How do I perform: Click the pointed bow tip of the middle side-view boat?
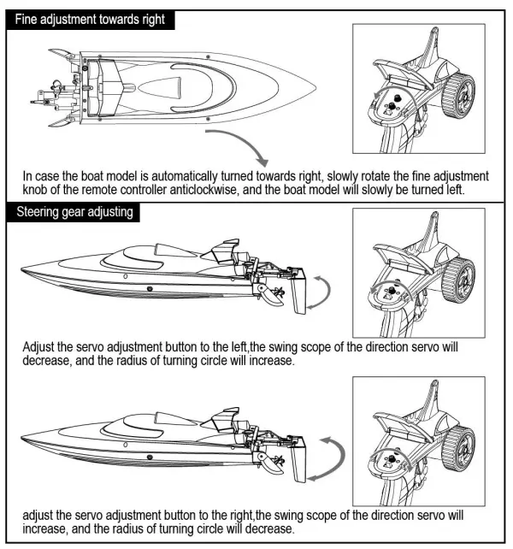(x=21, y=272)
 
